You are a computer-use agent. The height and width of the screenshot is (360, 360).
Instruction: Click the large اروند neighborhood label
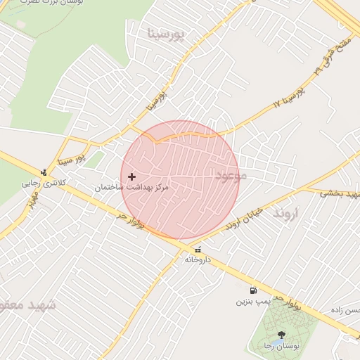click(x=286, y=212)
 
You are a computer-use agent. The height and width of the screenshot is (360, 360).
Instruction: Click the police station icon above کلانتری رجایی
click(x=44, y=172)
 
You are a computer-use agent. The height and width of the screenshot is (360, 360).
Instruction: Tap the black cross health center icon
click(x=131, y=176)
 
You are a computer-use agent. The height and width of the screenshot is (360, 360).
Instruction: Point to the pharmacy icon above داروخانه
click(x=197, y=249)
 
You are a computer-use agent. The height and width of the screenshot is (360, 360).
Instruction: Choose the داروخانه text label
click(x=198, y=259)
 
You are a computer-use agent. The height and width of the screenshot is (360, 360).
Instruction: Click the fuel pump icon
click(x=252, y=290)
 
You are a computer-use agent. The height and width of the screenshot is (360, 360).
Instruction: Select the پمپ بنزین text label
click(x=252, y=302)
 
